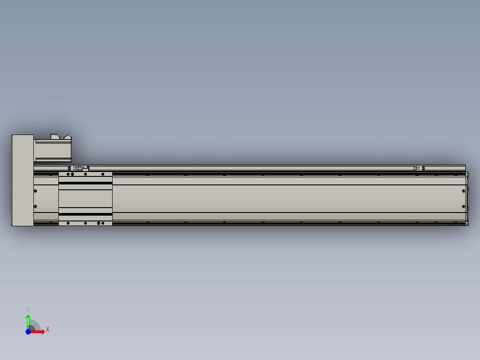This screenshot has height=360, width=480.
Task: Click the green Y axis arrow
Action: click(x=28, y=321)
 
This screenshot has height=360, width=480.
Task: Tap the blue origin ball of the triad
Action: click(x=28, y=331)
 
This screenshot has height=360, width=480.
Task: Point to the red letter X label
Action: click(x=48, y=330)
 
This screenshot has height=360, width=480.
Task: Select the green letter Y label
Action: click(x=28, y=310)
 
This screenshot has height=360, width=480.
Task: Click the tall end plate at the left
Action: click(x=23, y=180)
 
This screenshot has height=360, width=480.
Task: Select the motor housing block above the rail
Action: click(x=53, y=151)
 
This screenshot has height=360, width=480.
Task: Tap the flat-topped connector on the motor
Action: click(x=55, y=136)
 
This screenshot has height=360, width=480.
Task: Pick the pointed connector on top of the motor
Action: click(x=68, y=137)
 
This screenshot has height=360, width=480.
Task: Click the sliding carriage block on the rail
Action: click(x=85, y=199)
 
